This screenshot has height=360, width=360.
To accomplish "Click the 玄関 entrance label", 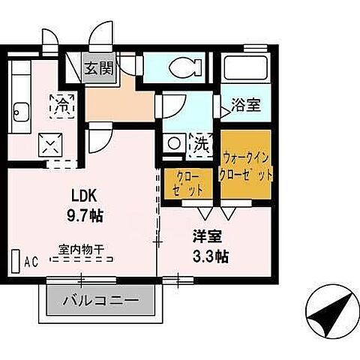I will click(x=98, y=70).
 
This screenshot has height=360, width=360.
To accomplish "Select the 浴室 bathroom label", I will click(x=246, y=105).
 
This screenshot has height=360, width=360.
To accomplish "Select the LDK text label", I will click(x=84, y=195).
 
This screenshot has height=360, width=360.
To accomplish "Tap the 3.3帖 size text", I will click(x=208, y=255).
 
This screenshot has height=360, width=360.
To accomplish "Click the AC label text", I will click(x=31, y=262).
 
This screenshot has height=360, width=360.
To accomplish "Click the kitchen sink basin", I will click(x=21, y=114).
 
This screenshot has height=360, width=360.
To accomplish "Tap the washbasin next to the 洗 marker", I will click(x=174, y=141).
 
